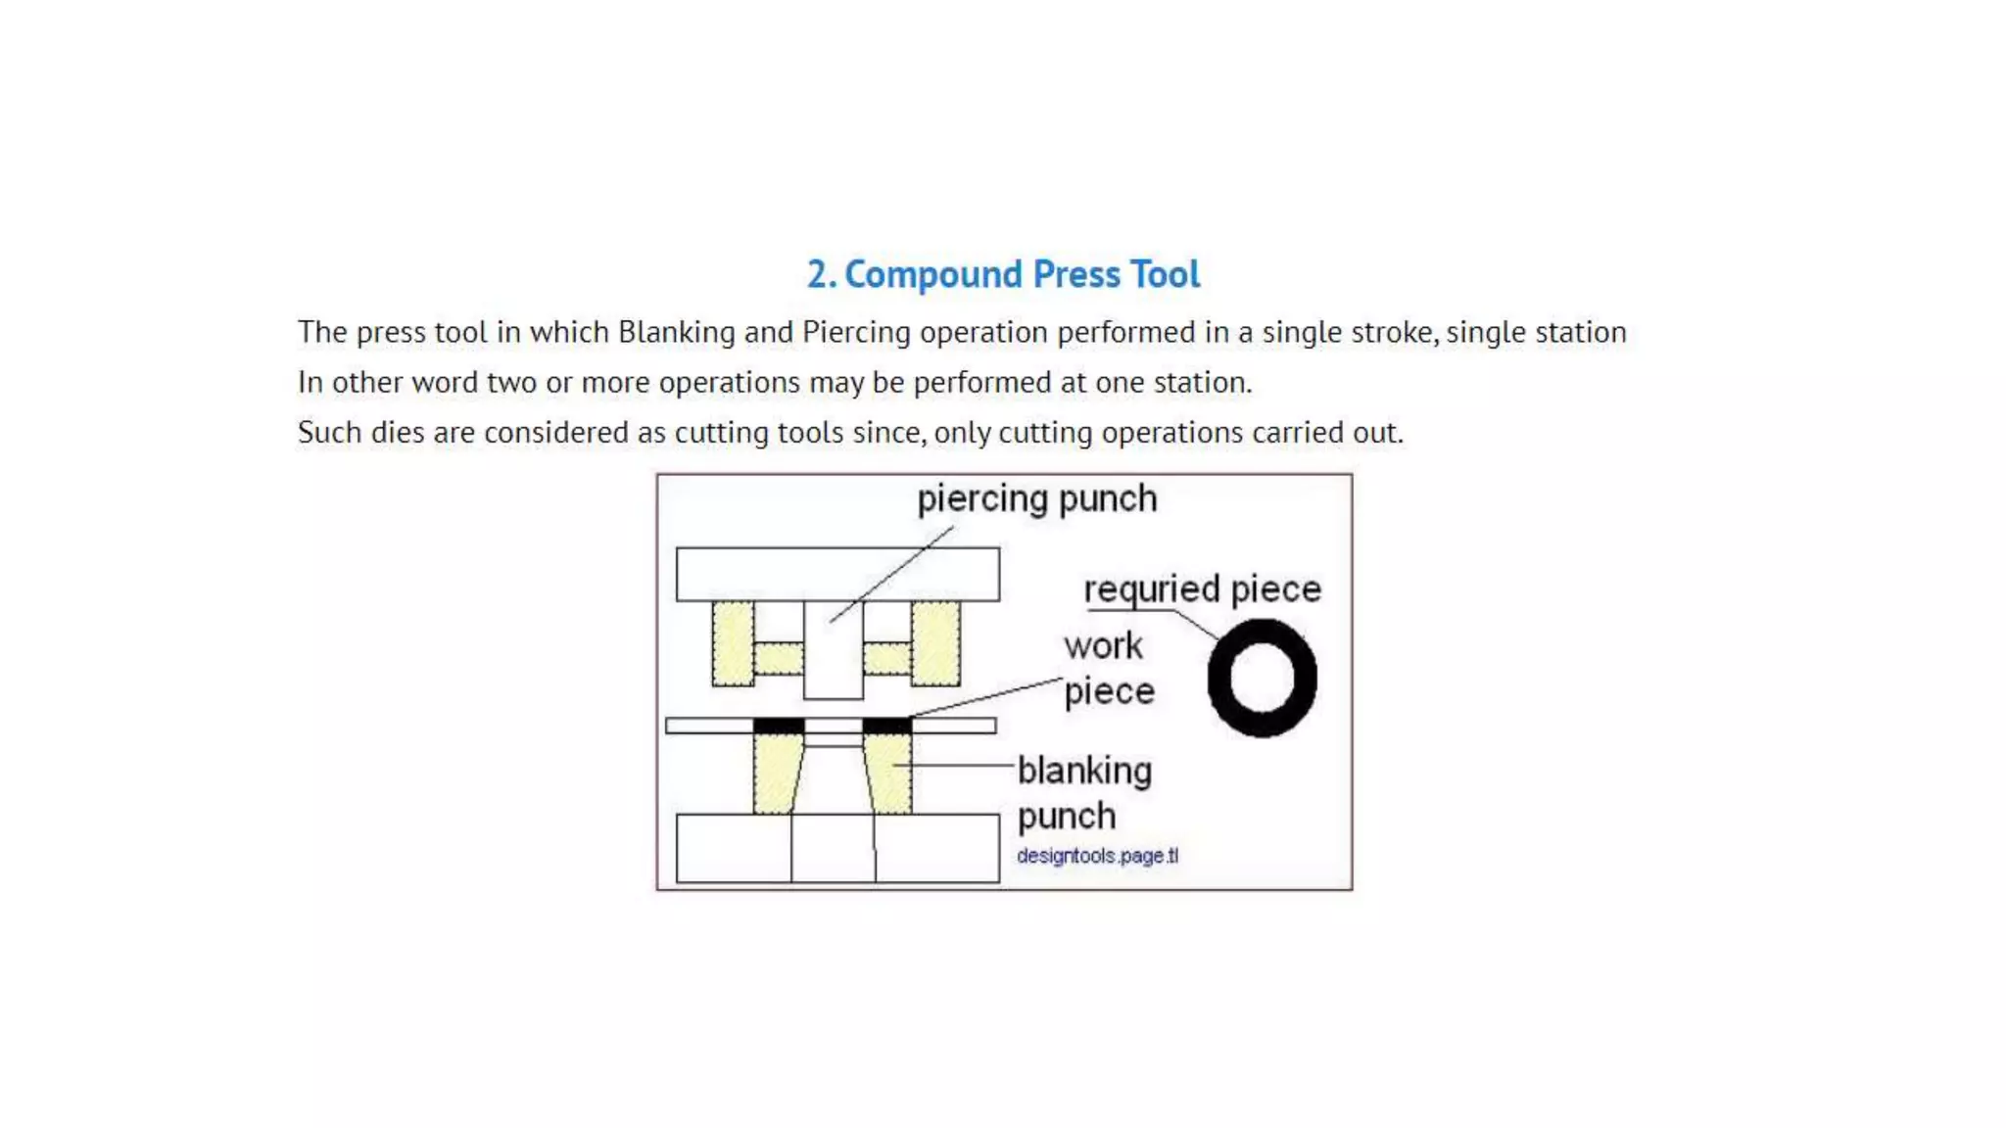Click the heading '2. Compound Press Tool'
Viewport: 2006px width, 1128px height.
(x=1003, y=274)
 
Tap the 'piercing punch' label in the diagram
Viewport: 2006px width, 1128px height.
(x=1036, y=499)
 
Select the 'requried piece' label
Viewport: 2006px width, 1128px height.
(x=1202, y=589)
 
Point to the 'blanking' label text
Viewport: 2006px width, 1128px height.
(x=1084, y=771)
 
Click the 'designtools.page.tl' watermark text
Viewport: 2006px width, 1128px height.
(x=1097, y=856)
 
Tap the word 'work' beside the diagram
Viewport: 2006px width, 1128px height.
(x=1103, y=646)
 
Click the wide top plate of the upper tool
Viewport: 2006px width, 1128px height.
(x=837, y=574)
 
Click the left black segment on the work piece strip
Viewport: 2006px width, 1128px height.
(x=779, y=726)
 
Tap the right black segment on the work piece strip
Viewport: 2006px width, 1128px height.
(x=886, y=726)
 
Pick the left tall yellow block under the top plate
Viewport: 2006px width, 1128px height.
(x=733, y=643)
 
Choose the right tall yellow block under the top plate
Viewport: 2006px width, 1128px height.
(x=935, y=643)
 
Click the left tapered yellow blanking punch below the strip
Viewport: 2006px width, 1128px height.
(x=776, y=774)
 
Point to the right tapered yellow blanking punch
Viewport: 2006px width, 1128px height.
(x=889, y=774)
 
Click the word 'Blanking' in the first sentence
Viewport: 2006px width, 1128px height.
(x=676, y=332)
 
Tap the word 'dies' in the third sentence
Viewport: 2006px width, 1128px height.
(x=397, y=432)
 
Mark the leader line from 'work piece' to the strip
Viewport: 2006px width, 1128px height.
(x=984, y=697)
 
